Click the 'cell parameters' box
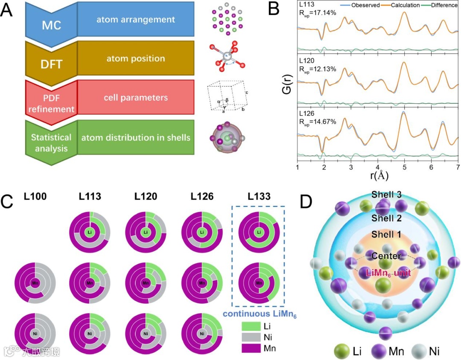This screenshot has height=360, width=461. [135, 97]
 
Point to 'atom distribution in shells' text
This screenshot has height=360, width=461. [136, 137]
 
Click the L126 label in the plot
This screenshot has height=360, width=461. [307, 114]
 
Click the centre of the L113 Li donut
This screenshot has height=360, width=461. [90, 232]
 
